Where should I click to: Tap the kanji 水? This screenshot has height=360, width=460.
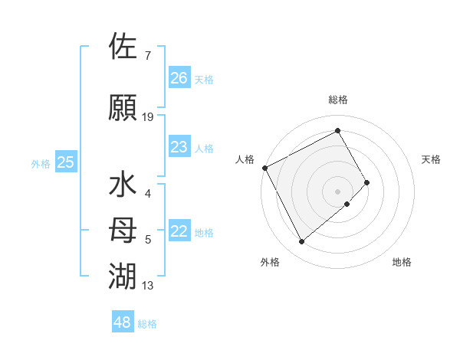point(123,186)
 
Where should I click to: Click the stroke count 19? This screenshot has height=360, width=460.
point(148,116)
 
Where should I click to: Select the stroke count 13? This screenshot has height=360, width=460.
point(148,286)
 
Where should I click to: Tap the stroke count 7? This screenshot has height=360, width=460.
point(148,56)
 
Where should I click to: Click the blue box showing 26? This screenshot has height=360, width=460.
point(179,78)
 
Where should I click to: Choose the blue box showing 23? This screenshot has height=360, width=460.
point(179,147)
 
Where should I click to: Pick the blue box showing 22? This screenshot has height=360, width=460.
point(179,232)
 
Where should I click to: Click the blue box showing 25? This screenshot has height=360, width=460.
point(66,162)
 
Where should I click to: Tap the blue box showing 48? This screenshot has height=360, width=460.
point(123,322)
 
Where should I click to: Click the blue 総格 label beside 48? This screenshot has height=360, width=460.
point(147,324)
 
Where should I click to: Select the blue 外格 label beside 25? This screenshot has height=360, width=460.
point(41,163)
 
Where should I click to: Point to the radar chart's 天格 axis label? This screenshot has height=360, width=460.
point(431,159)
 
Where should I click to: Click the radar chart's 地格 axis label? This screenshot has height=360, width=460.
point(402,262)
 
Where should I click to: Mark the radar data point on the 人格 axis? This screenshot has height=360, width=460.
point(264,168)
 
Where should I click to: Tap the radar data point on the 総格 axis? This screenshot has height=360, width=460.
point(337,130)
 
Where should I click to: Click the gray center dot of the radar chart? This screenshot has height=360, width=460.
point(337,190)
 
